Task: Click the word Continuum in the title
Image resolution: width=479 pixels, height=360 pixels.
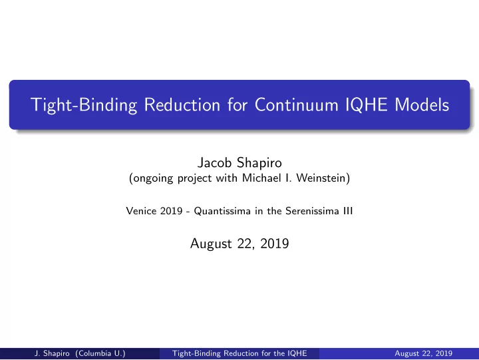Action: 296,105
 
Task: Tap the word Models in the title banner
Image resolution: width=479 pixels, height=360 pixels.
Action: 422,105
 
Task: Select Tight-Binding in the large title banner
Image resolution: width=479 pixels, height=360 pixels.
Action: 84,105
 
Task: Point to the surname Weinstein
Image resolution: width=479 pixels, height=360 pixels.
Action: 323,178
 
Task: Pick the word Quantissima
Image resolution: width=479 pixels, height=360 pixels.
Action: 222,211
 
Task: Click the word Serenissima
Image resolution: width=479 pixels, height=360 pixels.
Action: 312,211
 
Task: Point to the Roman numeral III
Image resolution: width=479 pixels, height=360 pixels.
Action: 348,211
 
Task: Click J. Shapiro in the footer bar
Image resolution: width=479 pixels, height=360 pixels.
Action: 52,353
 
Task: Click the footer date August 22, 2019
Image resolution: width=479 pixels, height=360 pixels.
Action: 423,353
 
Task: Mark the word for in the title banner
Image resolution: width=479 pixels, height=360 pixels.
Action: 238,105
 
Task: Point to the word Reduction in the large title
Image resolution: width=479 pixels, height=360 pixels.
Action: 182,105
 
